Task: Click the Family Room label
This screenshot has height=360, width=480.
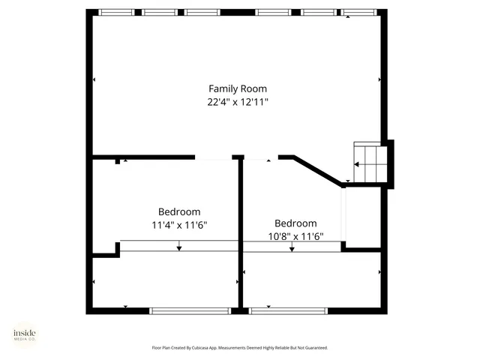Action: [x=237, y=88]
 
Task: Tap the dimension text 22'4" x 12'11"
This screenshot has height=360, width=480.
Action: [x=237, y=102]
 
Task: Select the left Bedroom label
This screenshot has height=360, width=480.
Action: [x=178, y=211]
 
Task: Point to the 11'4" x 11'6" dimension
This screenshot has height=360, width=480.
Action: [x=178, y=225]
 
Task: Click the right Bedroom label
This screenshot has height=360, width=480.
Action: [x=295, y=223]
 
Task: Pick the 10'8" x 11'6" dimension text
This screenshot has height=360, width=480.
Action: [x=295, y=236]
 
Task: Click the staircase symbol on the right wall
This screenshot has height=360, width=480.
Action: [x=370, y=162]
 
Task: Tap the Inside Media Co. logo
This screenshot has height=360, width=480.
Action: [x=24, y=335]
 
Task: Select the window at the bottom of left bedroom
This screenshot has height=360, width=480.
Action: [x=190, y=310]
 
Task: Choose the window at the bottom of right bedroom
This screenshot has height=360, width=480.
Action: [x=288, y=310]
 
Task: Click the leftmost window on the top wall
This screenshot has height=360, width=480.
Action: [x=117, y=12]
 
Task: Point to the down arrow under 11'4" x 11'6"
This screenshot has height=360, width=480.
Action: [x=178, y=247]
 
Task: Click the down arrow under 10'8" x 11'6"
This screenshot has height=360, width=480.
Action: [x=292, y=248]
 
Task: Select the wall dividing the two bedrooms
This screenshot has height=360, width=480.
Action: [x=241, y=232]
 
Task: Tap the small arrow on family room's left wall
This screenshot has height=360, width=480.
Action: [x=94, y=79]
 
